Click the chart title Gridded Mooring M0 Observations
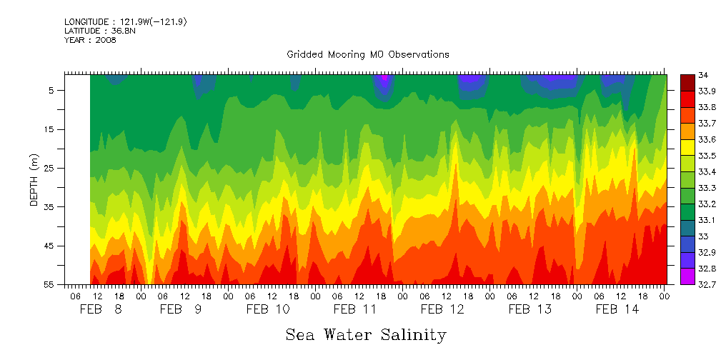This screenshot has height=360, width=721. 367,54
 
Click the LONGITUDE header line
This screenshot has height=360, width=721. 125,22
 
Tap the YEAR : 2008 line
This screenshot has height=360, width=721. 89,40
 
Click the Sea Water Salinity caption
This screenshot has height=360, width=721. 366,334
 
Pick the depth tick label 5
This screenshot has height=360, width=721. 52,91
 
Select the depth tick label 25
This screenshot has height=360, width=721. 50,168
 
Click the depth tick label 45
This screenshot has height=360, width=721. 50,246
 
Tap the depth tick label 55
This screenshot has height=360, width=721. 50,284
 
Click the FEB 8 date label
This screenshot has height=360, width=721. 101,309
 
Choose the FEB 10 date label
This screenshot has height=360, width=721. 268,309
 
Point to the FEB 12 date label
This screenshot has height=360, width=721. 442,309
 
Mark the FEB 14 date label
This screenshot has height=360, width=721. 617,309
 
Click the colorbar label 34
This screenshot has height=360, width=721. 702,75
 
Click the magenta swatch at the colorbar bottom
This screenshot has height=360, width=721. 687,276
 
